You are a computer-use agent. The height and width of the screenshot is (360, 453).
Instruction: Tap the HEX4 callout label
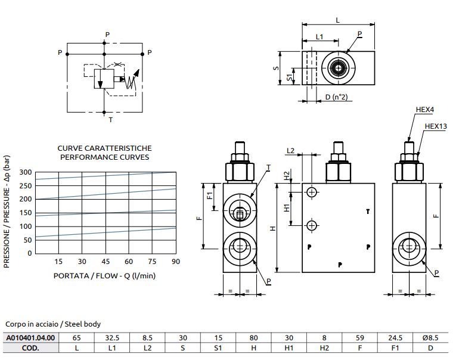[424, 110]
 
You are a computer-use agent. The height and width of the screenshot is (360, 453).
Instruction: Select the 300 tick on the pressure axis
[25, 172]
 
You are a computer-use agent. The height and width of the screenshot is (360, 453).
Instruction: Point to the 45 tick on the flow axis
[106, 262]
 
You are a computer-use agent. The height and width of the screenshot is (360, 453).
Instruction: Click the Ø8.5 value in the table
[430, 337]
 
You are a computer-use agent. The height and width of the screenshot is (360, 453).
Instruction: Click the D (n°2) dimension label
[336, 97]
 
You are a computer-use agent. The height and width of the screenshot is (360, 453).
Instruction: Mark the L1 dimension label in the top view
[319, 37]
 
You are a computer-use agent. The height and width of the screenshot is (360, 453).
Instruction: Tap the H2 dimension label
[287, 177]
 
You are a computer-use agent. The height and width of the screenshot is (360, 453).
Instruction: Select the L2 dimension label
[291, 151]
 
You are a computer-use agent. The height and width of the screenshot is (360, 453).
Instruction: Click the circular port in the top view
[339, 69]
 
